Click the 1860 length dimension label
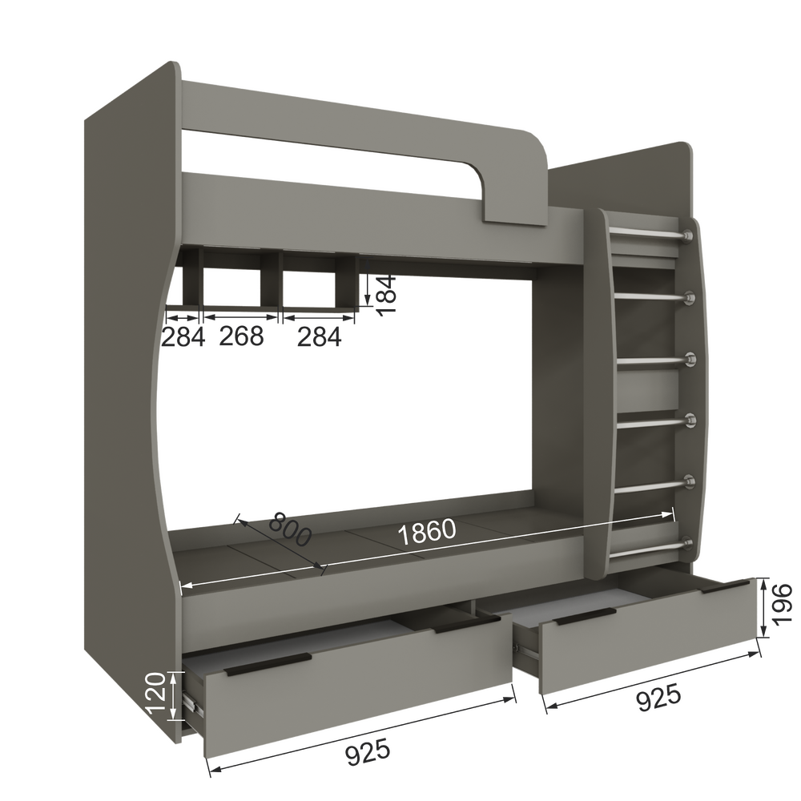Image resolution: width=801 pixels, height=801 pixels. [426, 532]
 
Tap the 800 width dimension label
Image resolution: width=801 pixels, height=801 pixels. [290, 529]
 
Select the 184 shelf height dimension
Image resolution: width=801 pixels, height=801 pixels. [386, 295]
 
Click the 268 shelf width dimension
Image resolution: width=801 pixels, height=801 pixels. [241, 336]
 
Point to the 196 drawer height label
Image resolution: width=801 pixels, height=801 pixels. [782, 605]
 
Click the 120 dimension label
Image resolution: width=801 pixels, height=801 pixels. [155, 694]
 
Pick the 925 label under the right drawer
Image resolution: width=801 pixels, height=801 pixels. [658, 698]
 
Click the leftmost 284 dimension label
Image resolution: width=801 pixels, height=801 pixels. [183, 336]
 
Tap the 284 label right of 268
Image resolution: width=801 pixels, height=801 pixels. [320, 336]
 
